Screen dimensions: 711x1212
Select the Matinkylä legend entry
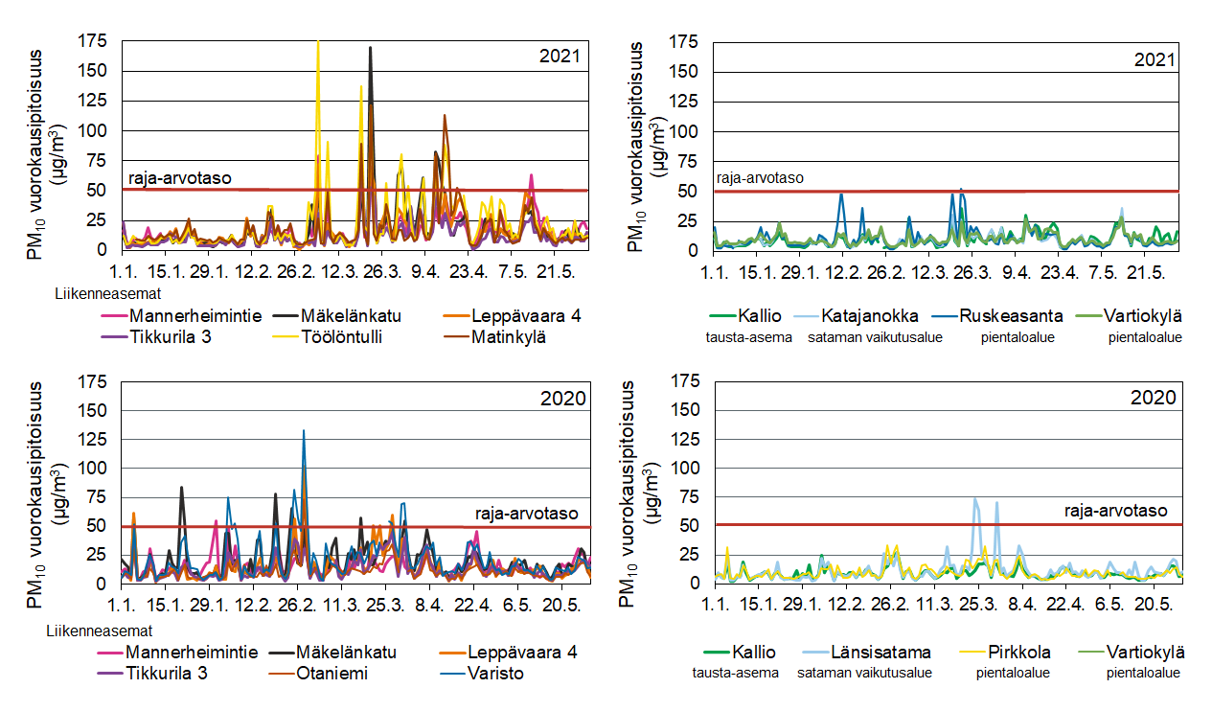[x=507, y=336]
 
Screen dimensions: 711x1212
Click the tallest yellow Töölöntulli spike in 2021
[x=318, y=43]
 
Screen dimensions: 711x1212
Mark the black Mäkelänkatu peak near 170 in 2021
[x=371, y=48]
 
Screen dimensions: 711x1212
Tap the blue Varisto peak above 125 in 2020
[x=304, y=431]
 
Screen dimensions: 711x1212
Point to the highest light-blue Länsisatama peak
[x=975, y=498]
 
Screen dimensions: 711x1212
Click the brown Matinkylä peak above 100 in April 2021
[x=445, y=116]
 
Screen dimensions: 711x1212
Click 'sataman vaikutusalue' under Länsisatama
[x=864, y=673]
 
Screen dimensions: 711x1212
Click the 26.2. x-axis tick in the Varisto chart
[x=296, y=606]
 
